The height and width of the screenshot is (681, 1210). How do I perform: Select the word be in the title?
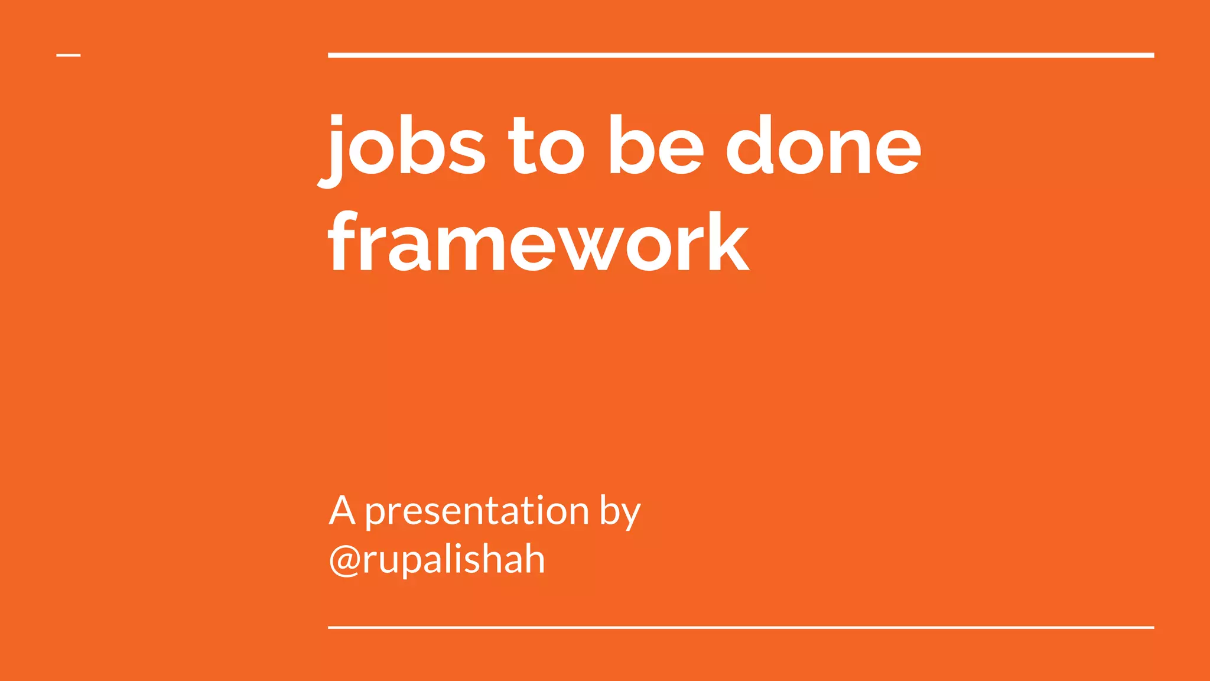[x=656, y=145]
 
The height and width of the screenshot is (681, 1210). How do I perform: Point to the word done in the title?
[x=823, y=145]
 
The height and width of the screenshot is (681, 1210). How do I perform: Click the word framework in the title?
[x=539, y=242]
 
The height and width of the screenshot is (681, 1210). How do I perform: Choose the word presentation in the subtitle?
[x=477, y=512]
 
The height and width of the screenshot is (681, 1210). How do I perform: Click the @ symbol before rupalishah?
[x=344, y=560]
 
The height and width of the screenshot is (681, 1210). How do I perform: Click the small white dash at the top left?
[x=69, y=56]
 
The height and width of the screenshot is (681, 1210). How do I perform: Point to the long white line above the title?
[x=741, y=56]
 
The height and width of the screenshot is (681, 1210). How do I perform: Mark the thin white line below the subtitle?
[x=741, y=627]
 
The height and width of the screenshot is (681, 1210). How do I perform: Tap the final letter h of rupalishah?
[x=532, y=559]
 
